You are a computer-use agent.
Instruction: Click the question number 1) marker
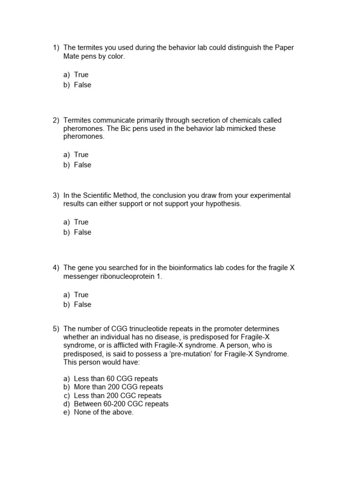pos(56,48)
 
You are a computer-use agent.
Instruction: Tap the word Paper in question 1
pos(285,48)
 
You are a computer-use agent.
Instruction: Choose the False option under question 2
pos(82,165)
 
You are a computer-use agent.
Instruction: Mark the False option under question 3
pos(82,232)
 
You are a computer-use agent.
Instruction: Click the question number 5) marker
pos(56,329)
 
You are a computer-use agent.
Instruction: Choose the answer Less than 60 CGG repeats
pos(116,378)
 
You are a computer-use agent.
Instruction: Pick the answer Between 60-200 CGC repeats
pos(121,404)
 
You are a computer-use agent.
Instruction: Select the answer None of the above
pos(104,412)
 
